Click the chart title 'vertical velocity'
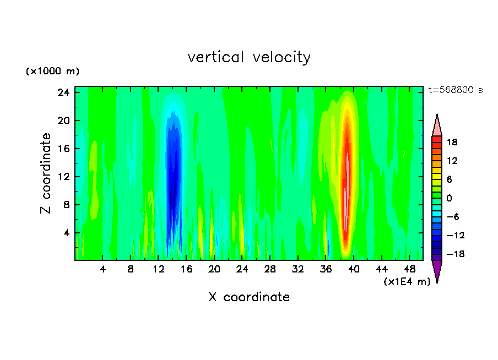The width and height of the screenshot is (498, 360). pos(249,57)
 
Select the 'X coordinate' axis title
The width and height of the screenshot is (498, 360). pos(249,297)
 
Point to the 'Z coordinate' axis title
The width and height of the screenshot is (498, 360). pos(46,173)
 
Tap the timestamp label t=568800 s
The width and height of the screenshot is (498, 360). pos(455,90)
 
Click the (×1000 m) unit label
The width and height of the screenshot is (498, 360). pos(52,72)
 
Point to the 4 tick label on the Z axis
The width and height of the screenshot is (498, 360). pos(67,233)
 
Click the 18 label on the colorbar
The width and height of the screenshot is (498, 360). pos(452,142)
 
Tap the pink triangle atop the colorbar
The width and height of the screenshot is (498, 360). pos(437,125)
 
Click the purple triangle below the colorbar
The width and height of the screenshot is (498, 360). pos(437,270)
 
